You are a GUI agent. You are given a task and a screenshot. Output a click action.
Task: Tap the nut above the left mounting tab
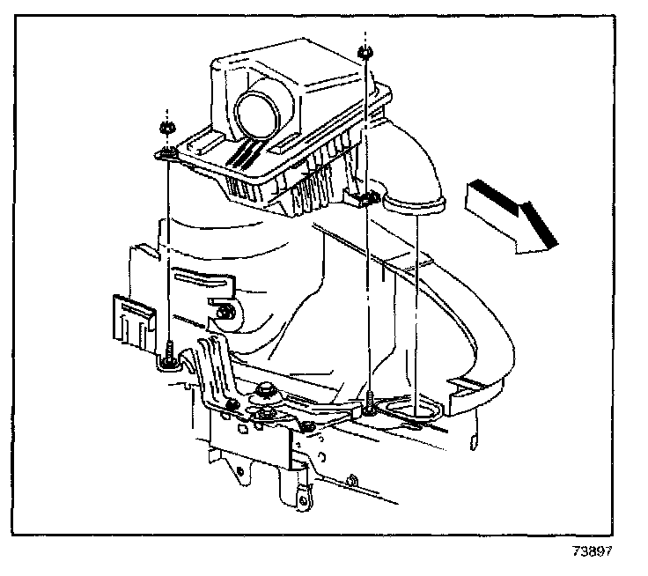165,129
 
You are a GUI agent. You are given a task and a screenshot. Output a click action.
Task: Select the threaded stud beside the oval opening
372,402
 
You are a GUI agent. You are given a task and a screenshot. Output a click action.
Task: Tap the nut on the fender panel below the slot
227,311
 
